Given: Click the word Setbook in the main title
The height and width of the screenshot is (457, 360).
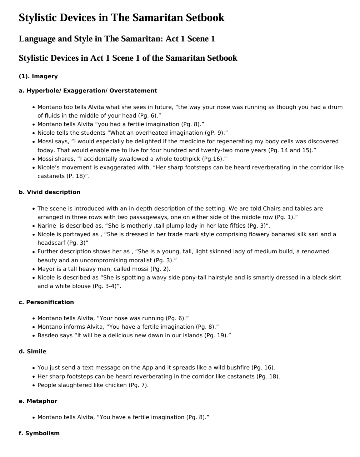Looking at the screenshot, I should (205, 18).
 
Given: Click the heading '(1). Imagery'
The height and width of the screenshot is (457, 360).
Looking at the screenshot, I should (38, 76).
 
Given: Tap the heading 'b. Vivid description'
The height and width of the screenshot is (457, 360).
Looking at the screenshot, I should (49, 192).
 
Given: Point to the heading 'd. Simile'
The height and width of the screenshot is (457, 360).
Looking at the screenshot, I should (32, 352).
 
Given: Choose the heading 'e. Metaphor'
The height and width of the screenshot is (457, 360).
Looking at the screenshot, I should (38, 401).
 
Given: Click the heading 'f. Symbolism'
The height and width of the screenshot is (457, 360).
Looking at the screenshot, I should (39, 433).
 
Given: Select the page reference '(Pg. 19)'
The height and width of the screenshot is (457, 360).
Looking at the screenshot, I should (216, 336).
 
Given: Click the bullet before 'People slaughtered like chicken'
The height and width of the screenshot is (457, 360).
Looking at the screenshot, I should (34, 385).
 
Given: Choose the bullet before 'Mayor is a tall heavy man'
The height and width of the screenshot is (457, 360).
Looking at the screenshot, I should (34, 269).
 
